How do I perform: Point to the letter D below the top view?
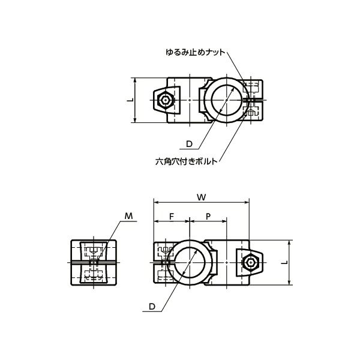point(189,144)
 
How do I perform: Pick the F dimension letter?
point(172,215)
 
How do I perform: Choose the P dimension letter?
point(208,215)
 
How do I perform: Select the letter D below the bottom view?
point(152,307)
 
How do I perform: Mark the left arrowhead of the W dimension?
point(155,202)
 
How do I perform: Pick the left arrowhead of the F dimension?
point(155,221)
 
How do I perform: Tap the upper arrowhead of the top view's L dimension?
point(136,79)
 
